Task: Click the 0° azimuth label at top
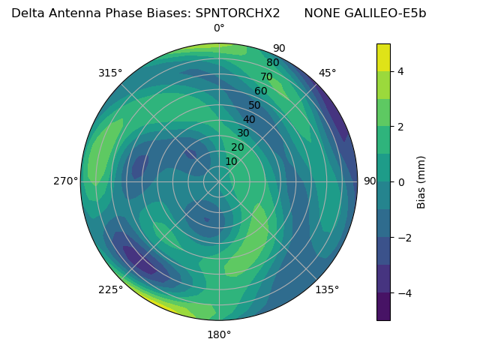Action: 219,28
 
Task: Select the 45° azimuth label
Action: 327,73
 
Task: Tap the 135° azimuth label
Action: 327,289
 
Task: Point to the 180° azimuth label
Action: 219,334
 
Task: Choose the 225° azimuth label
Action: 110,289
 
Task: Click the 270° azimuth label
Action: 65,181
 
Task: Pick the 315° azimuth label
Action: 110,73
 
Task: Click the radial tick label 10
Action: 231,161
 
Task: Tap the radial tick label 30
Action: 243,133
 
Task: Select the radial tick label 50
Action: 255,105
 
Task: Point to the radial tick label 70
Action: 266,76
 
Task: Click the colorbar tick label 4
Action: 401,71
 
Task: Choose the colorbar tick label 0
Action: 401,182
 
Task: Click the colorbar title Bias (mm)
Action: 421,182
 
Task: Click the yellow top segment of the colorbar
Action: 383,57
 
